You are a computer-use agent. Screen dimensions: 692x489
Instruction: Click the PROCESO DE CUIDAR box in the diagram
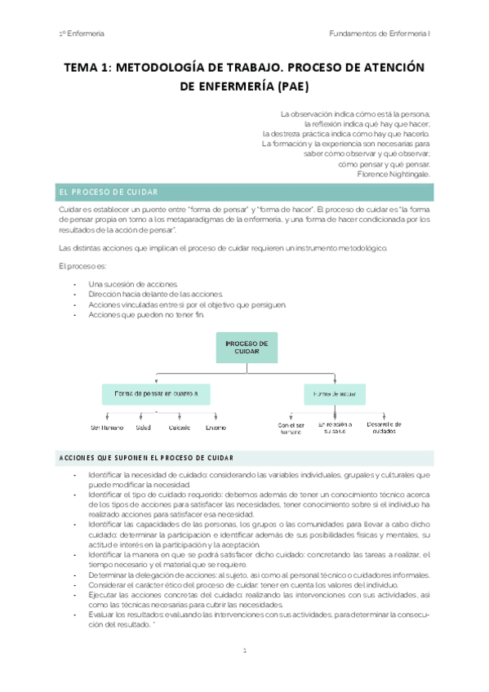tap(247, 348)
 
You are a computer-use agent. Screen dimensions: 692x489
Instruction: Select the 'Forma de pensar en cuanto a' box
tap(156, 394)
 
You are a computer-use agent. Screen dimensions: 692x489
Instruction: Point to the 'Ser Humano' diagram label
tap(107, 428)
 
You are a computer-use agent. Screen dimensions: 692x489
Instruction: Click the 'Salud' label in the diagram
tap(143, 428)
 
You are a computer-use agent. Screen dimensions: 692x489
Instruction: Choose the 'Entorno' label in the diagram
tap(216, 428)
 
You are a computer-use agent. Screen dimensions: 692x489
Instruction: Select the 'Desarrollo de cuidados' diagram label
tap(384, 428)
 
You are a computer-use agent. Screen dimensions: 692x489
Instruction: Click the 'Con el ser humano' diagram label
tap(290, 428)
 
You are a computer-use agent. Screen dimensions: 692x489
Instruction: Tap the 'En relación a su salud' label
tap(335, 428)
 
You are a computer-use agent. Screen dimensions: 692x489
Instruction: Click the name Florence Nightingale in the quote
tap(394, 173)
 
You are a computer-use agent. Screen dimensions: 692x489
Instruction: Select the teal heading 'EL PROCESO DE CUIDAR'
tap(108, 192)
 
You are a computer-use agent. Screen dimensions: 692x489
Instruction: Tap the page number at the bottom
tap(245, 650)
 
